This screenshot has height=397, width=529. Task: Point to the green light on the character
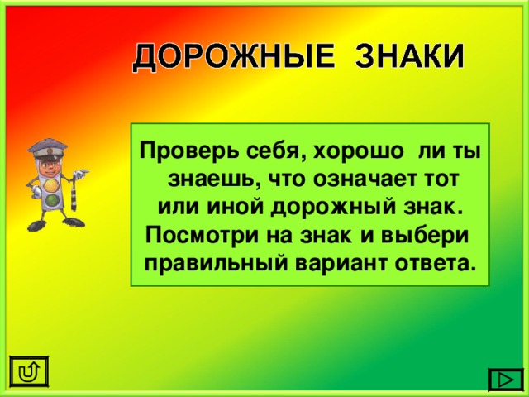point(51,201)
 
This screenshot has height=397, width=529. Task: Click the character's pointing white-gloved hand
point(82,174)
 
